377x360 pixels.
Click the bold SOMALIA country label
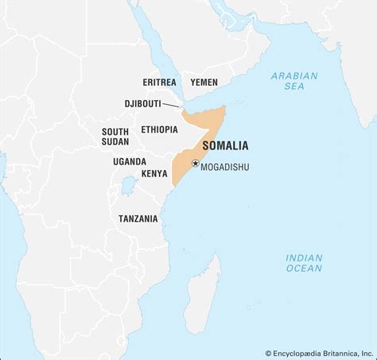tap(225, 146)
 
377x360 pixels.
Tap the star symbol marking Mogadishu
tap(195, 162)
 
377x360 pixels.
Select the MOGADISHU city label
tap(227, 168)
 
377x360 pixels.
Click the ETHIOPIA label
tap(159, 130)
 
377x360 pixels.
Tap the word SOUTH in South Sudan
tap(115, 131)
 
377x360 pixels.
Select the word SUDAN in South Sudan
tap(115, 142)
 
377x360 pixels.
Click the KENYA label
tap(154, 172)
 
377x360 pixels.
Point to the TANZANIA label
tap(138, 218)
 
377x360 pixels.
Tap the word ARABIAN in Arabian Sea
tap(293, 76)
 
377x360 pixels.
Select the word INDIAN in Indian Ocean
tap(304, 257)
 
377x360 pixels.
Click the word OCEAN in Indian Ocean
tap(304, 269)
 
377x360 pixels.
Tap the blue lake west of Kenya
tap(126, 188)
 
